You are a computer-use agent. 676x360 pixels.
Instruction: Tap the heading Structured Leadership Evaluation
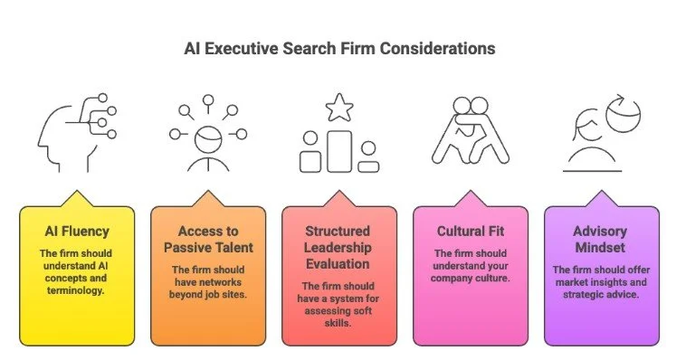[x=338, y=246]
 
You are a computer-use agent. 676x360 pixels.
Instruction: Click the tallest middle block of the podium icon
[x=338, y=150]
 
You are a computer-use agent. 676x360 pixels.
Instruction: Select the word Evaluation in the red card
[x=338, y=262]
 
